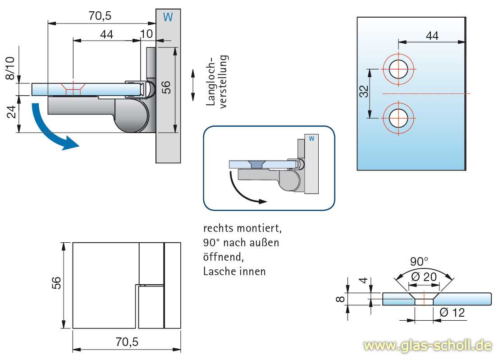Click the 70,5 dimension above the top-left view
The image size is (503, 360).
[x=100, y=16]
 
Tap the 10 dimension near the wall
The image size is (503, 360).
[x=146, y=34]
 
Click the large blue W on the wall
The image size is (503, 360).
[x=168, y=17]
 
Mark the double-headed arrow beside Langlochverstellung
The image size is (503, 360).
[x=193, y=85]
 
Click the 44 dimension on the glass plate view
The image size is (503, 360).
[x=432, y=36]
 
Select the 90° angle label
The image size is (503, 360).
[x=419, y=261]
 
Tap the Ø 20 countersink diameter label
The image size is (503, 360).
[x=424, y=277]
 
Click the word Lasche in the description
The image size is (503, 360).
[x=218, y=272]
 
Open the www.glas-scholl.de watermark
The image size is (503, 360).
[x=427, y=346]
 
